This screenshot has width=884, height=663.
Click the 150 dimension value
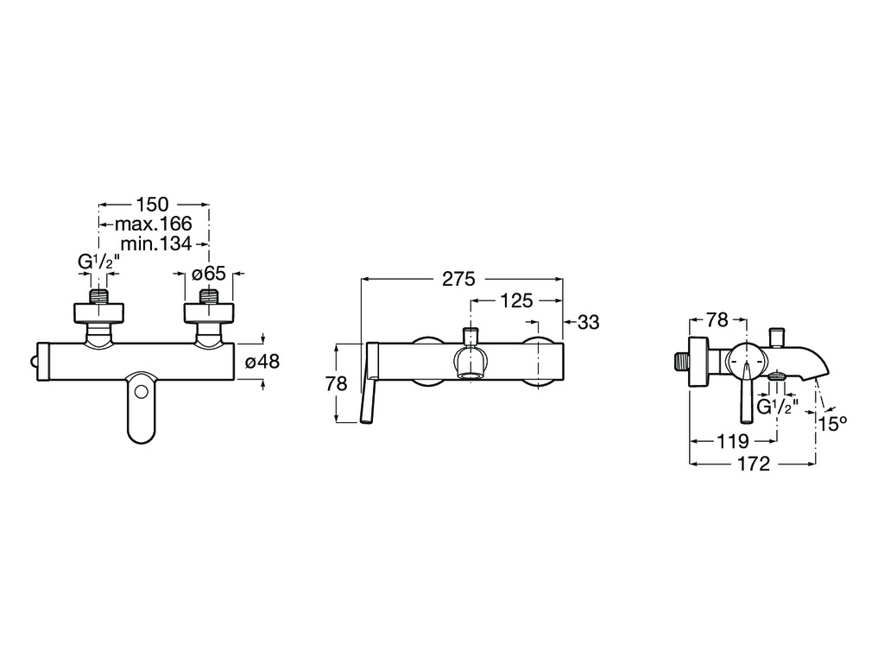click(152, 204)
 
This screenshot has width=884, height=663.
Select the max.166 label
click(154, 224)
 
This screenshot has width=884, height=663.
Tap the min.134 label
click(156, 243)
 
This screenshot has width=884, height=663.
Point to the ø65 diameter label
click(209, 274)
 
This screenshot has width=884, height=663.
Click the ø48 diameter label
click(262, 362)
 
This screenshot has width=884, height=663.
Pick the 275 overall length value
click(459, 279)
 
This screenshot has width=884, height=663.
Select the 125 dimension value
click(516, 301)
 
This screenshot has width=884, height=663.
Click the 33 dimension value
click(589, 323)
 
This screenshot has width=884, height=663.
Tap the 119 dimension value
click(732, 441)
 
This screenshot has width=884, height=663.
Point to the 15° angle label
click(833, 423)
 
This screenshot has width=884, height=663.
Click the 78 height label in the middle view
click(336, 384)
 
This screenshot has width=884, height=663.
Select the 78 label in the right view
click(717, 320)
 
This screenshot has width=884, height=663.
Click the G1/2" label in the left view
click(98, 262)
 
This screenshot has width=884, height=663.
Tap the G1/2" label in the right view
click(778, 407)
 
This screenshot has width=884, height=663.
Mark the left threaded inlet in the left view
click(99, 297)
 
